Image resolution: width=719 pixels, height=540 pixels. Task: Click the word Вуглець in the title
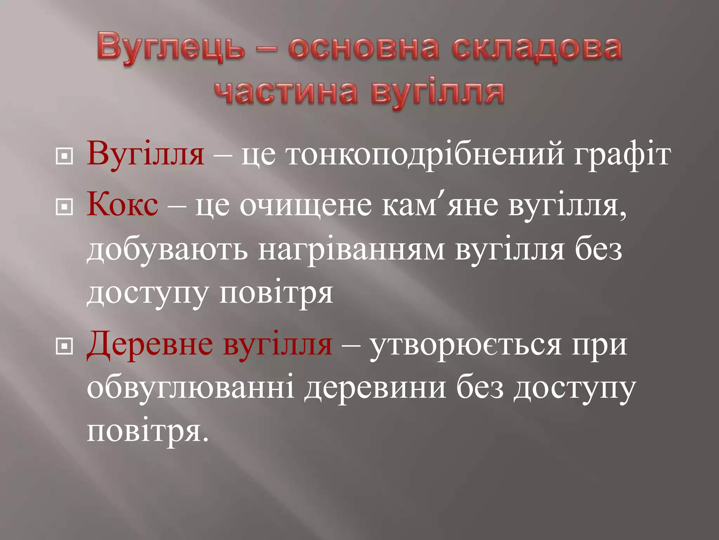(171, 48)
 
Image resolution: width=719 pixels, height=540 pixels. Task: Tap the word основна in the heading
(363, 48)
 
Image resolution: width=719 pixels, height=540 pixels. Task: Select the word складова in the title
(536, 48)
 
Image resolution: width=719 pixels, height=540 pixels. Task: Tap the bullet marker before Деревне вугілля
(64, 346)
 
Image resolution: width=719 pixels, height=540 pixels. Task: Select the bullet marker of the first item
(64, 156)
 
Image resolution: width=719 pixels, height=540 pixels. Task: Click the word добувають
(167, 250)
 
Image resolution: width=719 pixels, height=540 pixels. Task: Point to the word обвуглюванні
(190, 388)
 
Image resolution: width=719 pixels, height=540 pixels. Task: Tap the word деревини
(375, 388)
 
